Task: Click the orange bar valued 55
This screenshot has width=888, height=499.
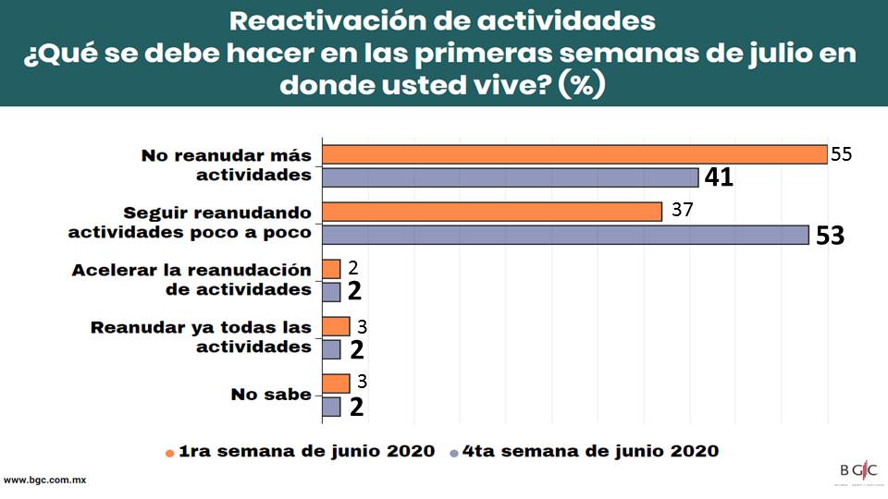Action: [573, 154]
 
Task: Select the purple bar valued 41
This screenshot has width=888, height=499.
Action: [510, 177]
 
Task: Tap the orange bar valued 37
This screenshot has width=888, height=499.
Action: [491, 212]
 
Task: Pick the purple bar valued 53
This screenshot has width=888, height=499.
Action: [565, 235]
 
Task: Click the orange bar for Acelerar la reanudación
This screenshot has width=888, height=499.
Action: [331, 269]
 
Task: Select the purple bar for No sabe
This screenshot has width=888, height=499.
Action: [331, 407]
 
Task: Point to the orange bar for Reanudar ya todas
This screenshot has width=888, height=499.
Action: [336, 326]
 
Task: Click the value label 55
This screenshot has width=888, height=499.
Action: [841, 154]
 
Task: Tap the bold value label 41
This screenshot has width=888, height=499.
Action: [719, 177]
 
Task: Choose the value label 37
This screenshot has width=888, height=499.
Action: [683, 210]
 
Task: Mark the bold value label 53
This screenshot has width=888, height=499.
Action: [830, 236]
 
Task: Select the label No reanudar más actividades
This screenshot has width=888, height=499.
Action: [226, 165]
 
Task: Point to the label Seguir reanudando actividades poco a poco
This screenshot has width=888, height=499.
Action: [190, 223]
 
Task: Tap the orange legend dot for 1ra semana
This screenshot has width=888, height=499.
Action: [169, 453]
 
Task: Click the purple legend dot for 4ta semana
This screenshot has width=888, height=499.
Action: [453, 453]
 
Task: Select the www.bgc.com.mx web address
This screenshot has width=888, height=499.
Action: [45, 481]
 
